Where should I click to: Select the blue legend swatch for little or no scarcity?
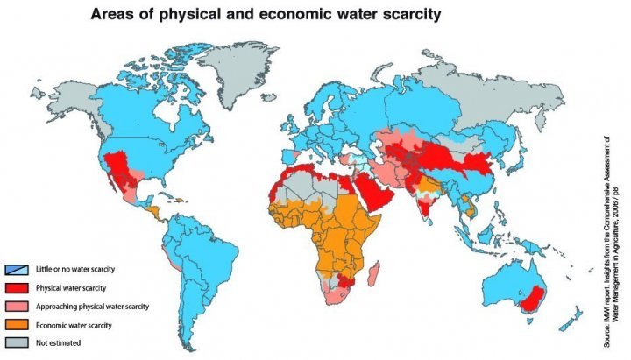(16, 269)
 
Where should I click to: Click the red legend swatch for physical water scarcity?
(16, 287)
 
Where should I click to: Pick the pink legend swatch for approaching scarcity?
(16, 306)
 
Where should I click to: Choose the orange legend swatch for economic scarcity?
(16, 324)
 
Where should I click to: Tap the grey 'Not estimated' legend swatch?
(16, 342)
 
